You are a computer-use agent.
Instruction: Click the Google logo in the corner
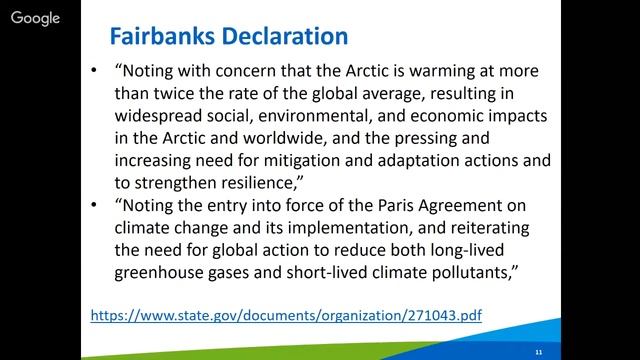coord(35,18)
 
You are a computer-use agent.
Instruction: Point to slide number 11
coord(539,352)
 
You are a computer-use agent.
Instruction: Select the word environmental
coord(324,119)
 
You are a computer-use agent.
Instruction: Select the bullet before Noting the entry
coord(94,204)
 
